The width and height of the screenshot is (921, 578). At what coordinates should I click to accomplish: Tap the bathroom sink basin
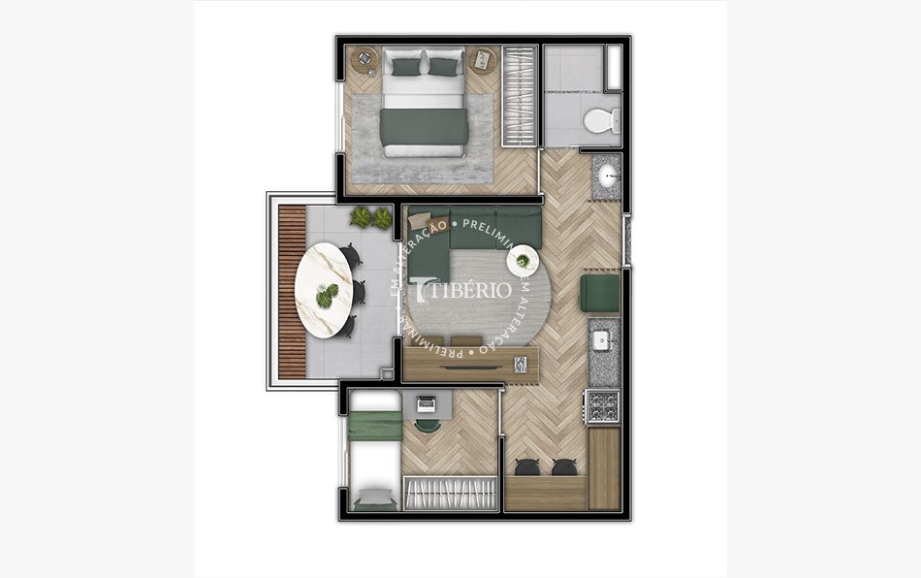click(x=608, y=177)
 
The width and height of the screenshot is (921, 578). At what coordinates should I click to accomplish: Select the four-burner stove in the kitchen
click(x=602, y=406)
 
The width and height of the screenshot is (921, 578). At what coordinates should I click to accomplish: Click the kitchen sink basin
click(x=601, y=340)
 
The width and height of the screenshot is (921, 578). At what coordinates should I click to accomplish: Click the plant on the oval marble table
click(x=329, y=292)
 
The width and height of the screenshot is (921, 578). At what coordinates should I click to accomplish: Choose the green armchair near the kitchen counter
click(x=599, y=294)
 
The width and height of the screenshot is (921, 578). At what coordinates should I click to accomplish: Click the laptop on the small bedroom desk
click(x=426, y=403)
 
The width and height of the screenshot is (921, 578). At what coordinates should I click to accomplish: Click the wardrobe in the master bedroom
click(x=519, y=97)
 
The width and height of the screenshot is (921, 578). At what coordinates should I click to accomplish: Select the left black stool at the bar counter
click(x=528, y=467)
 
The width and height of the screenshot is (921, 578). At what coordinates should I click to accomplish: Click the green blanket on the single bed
click(x=375, y=425)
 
